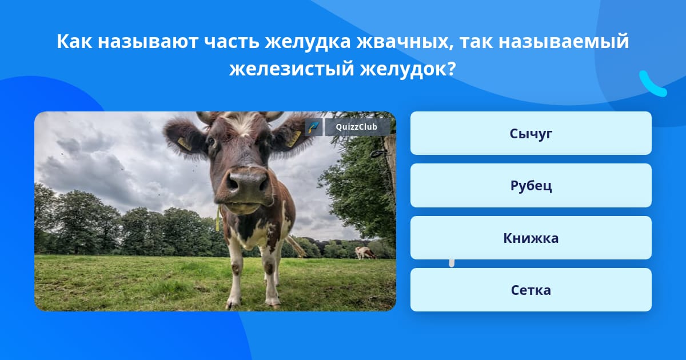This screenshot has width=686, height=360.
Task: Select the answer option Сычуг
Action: [531, 133]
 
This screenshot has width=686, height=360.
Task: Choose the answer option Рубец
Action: [531, 186]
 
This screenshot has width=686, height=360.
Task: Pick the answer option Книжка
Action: [531, 238]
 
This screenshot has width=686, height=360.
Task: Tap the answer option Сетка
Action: [531, 290]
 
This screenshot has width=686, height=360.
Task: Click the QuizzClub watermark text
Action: [356, 127]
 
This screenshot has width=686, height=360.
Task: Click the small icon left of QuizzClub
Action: [314, 127]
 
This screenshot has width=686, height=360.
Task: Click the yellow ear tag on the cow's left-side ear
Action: [185, 144]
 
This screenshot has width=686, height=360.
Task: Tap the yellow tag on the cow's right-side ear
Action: [293, 139]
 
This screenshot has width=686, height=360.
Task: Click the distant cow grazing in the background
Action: [365, 253]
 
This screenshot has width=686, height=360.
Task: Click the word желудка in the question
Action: [308, 42]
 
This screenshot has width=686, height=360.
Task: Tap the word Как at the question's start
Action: [74, 41]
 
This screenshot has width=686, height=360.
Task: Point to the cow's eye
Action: [211, 141]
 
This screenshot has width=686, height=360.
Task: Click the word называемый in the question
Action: [564, 42]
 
